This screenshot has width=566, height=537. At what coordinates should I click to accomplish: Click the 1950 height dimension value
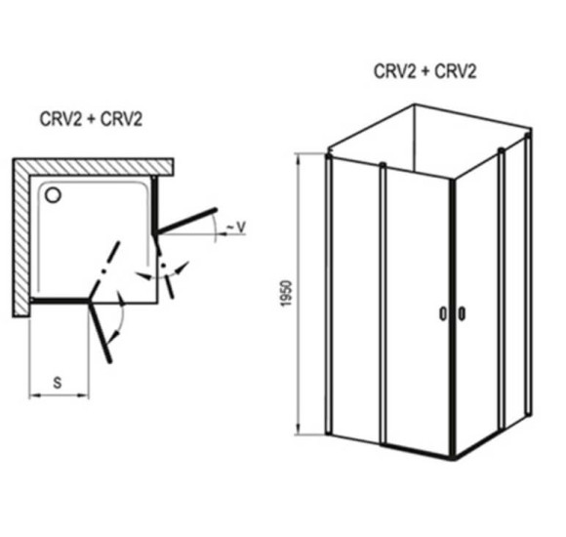pyautogui.click(x=286, y=293)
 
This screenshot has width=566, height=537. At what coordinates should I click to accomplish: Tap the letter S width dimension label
pyautogui.click(x=58, y=383)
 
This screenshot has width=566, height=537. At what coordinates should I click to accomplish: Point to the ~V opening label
pyautogui.click(x=236, y=227)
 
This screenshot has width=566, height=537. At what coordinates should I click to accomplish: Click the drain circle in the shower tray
pyautogui.click(x=53, y=194)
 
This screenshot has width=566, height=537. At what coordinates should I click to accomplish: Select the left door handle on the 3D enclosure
pyautogui.click(x=443, y=313)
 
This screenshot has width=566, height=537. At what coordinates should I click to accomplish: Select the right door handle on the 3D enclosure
pyautogui.click(x=462, y=313)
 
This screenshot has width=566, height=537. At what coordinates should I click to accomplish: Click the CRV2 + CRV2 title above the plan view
pyautogui.click(x=91, y=119)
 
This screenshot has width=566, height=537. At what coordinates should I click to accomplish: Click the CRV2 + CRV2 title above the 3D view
pyautogui.click(x=424, y=71)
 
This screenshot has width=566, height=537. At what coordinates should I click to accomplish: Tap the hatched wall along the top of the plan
pyautogui.click(x=93, y=167)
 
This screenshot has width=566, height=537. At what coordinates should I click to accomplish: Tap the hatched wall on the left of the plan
pyautogui.click(x=20, y=237)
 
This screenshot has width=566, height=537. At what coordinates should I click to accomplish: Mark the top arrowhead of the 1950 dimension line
pyautogui.click(x=299, y=157)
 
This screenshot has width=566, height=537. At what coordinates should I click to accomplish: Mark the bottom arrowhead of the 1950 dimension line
pyautogui.click(x=299, y=430)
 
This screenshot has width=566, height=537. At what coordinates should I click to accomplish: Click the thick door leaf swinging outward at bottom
pyautogui.click(x=100, y=331)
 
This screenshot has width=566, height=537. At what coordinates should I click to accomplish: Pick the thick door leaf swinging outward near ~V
pyautogui.click(x=185, y=221)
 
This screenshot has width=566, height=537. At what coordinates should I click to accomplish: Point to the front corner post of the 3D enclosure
pyautogui.click(x=453, y=318)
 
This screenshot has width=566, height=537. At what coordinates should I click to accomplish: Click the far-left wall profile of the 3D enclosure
pyautogui.click(x=328, y=294)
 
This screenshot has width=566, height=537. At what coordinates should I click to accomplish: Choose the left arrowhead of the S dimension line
pyautogui.click(x=33, y=396)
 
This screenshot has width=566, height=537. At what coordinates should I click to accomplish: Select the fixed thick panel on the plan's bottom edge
pyautogui.click(x=60, y=301)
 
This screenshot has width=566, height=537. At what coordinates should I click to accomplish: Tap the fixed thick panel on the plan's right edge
pyautogui.click(x=154, y=205)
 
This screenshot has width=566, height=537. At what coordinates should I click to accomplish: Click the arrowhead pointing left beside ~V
pyautogui.click(x=222, y=234)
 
